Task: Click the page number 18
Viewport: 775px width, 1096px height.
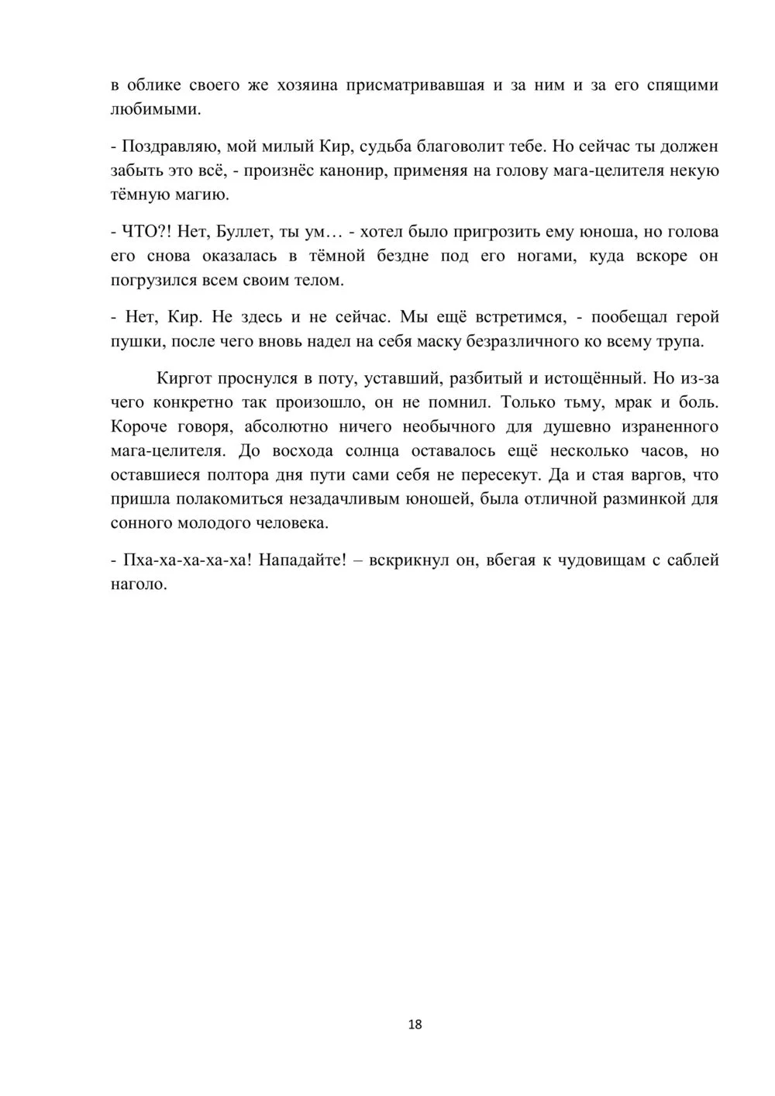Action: coord(415,1025)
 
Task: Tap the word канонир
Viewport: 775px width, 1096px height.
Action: coord(350,171)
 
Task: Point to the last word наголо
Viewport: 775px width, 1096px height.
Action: coord(139,584)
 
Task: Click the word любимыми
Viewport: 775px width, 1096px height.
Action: coord(156,110)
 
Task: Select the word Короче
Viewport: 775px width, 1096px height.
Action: coord(139,426)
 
